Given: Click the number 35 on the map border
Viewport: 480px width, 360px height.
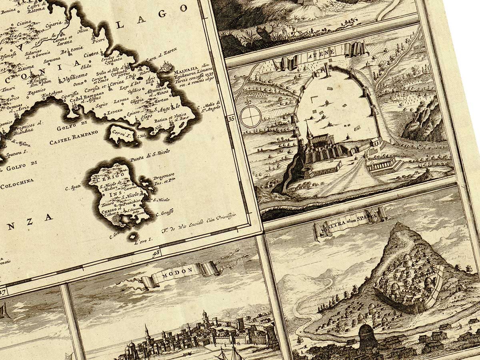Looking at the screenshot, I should [231, 118].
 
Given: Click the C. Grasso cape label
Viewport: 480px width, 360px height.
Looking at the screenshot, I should [164, 213].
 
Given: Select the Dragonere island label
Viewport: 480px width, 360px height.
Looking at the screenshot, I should [164, 180].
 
